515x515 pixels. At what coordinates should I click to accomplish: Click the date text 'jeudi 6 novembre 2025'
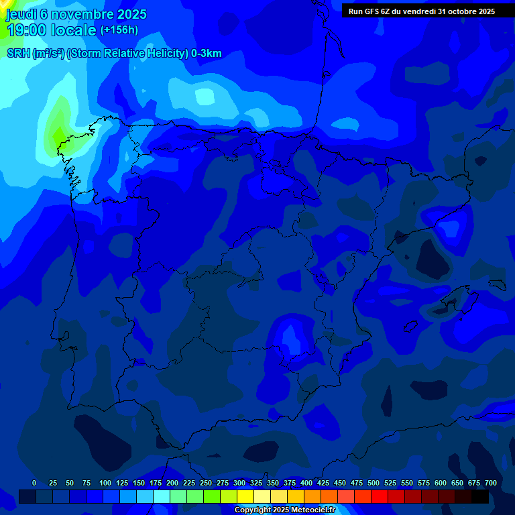click(x=76, y=14)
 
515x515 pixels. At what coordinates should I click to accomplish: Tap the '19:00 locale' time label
click(x=52, y=30)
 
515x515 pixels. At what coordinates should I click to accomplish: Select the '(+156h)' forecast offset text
click(x=119, y=30)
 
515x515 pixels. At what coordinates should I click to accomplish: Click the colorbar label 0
click(x=34, y=483)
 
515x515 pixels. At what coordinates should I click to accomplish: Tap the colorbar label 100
click(x=105, y=483)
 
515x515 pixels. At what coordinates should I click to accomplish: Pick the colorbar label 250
click(x=206, y=483)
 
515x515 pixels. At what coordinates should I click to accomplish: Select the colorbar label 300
click(x=239, y=483)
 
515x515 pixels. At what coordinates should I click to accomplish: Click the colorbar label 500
click(x=374, y=483)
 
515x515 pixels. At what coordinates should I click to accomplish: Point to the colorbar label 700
click(x=490, y=483)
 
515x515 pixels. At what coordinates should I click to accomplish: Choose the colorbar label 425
click(x=323, y=483)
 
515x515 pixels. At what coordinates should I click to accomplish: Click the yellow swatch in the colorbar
click(x=245, y=497)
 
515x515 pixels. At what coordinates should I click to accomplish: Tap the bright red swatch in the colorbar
click(x=380, y=497)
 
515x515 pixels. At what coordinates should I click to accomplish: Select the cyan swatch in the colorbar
click(x=162, y=497)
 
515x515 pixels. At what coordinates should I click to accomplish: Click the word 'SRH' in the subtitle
click(x=18, y=54)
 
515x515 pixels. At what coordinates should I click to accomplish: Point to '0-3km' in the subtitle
click(x=207, y=54)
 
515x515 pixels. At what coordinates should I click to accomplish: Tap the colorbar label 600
click(x=441, y=483)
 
